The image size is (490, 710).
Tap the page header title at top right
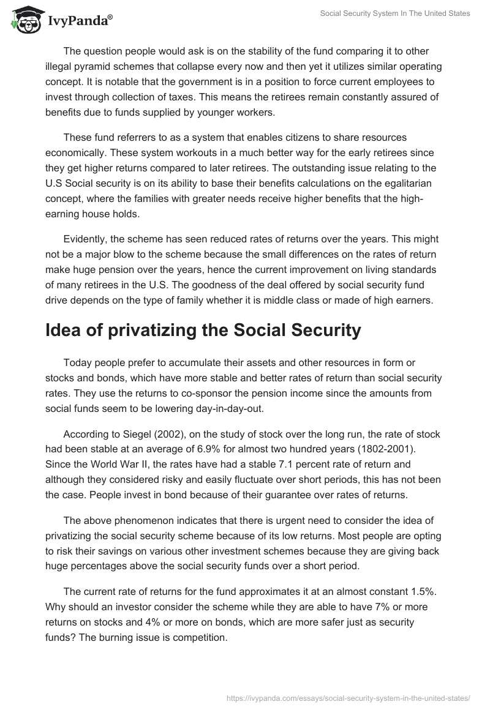(395, 13)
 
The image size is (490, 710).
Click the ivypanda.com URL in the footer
(349, 697)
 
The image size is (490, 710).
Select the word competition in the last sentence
(200, 636)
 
